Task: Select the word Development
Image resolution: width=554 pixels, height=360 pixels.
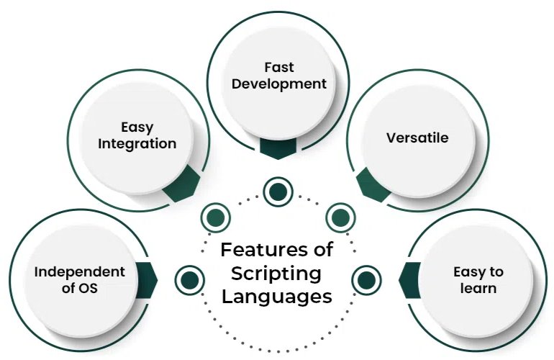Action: point(277,84)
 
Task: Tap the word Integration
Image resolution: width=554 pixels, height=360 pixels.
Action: point(137,143)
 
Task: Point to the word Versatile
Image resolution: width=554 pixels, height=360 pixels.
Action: point(417,138)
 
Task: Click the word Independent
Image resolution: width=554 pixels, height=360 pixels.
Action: point(80,271)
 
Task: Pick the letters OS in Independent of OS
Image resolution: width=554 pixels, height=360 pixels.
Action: point(88,290)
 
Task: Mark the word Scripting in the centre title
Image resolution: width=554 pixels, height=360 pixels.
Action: point(277,273)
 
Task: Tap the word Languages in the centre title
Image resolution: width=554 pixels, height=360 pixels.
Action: point(277,296)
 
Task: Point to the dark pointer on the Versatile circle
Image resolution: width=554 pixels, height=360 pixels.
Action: point(373,183)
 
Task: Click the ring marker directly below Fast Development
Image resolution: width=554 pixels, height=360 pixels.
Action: point(277,192)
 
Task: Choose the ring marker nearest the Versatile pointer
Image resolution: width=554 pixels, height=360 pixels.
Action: point(338,216)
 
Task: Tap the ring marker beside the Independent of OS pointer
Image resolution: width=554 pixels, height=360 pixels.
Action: point(189,278)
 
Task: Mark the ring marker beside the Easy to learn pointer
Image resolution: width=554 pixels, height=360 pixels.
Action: point(365,278)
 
